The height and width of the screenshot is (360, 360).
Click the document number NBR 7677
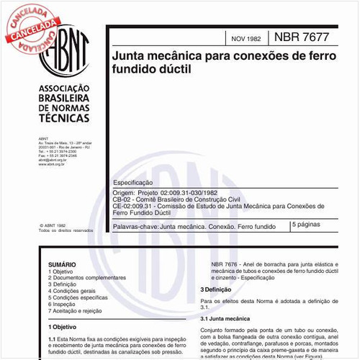pos(307,35)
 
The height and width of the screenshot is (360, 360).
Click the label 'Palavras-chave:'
pos(135,226)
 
